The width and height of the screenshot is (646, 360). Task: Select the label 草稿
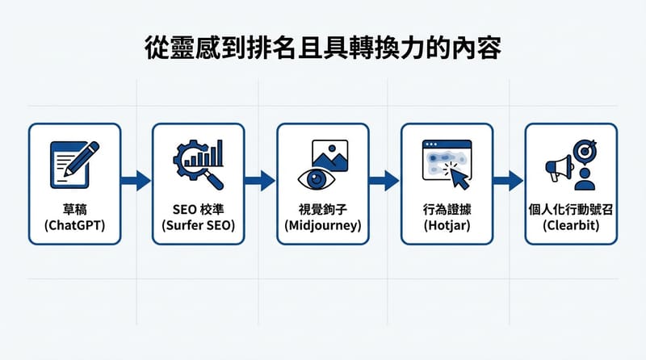coord(74,209)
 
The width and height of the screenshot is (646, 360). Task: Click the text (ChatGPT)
coord(74,226)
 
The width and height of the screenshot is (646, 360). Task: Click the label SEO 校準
coord(198,209)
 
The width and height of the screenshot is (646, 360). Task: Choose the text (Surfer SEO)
coord(198,226)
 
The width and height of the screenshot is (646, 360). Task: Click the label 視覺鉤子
coord(322,209)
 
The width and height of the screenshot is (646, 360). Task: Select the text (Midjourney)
coord(322,226)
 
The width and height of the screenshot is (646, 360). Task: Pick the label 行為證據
coord(447,209)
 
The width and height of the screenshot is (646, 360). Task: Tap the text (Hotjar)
coord(447,226)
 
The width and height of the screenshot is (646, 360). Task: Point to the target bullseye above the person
coord(585,150)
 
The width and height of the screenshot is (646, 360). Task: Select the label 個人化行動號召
coord(572,209)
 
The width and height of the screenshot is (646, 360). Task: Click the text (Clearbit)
coord(572,226)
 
